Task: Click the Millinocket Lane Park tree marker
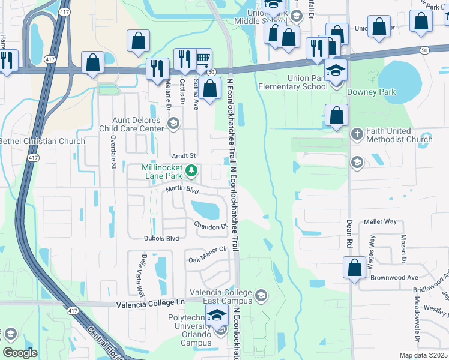[x=191, y=172]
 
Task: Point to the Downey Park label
[x=375, y=92]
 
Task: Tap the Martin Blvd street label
[x=182, y=190]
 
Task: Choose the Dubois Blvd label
[x=161, y=238]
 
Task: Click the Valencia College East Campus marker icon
[x=261, y=295]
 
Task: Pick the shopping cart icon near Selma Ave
[x=203, y=58]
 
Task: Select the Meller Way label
[x=380, y=221]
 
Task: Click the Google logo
[x=20, y=353]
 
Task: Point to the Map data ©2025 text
[x=424, y=355]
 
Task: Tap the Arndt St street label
[x=184, y=156]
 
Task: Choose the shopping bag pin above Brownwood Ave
[x=354, y=267]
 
